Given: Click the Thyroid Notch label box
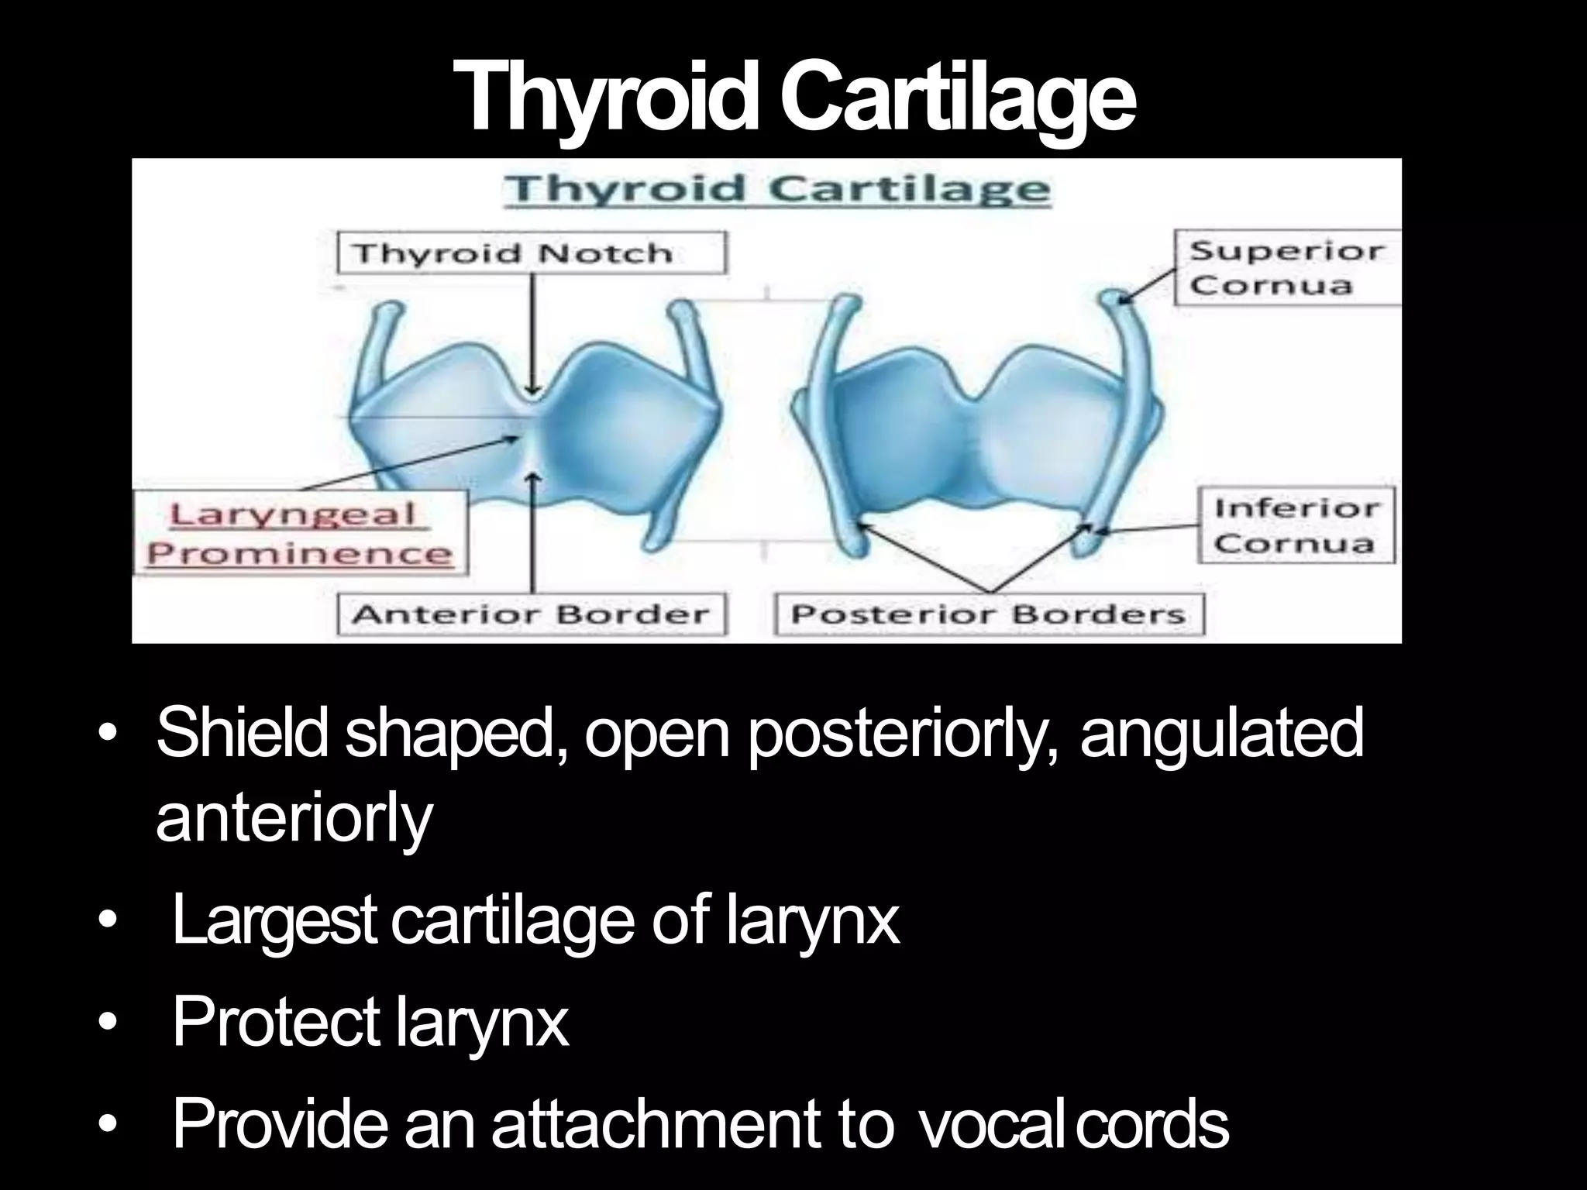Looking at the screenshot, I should [x=532, y=253].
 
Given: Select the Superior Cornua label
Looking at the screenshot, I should [x=1287, y=268].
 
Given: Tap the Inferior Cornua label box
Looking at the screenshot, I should [x=1296, y=525].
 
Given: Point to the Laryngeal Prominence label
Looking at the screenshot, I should [x=300, y=533].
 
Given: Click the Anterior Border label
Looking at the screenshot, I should [x=532, y=614].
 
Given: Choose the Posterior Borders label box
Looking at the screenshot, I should [x=990, y=614].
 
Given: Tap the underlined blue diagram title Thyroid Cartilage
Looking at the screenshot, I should [x=777, y=189].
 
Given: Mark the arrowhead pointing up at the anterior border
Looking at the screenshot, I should [x=532, y=479].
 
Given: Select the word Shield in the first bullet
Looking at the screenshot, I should [x=242, y=733].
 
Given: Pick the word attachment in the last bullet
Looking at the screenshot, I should [x=654, y=1124].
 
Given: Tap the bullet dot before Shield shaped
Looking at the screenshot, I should [x=108, y=733].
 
